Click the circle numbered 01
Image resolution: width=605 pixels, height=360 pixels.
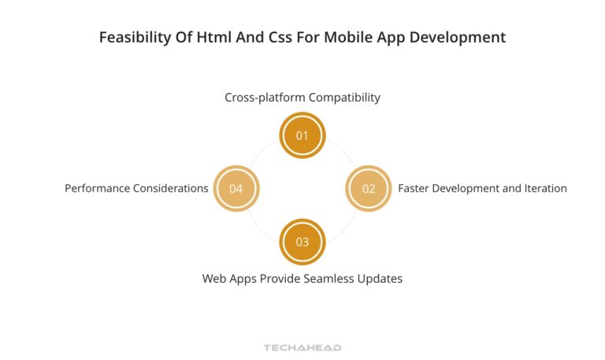(302, 135)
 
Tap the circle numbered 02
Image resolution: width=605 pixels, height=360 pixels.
(369, 188)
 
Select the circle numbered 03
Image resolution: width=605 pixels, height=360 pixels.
(302, 242)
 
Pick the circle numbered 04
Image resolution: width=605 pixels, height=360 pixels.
(236, 188)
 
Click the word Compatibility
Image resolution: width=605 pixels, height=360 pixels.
(344, 98)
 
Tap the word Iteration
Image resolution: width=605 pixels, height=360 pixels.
(541, 188)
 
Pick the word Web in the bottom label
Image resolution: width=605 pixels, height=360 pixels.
(215, 278)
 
